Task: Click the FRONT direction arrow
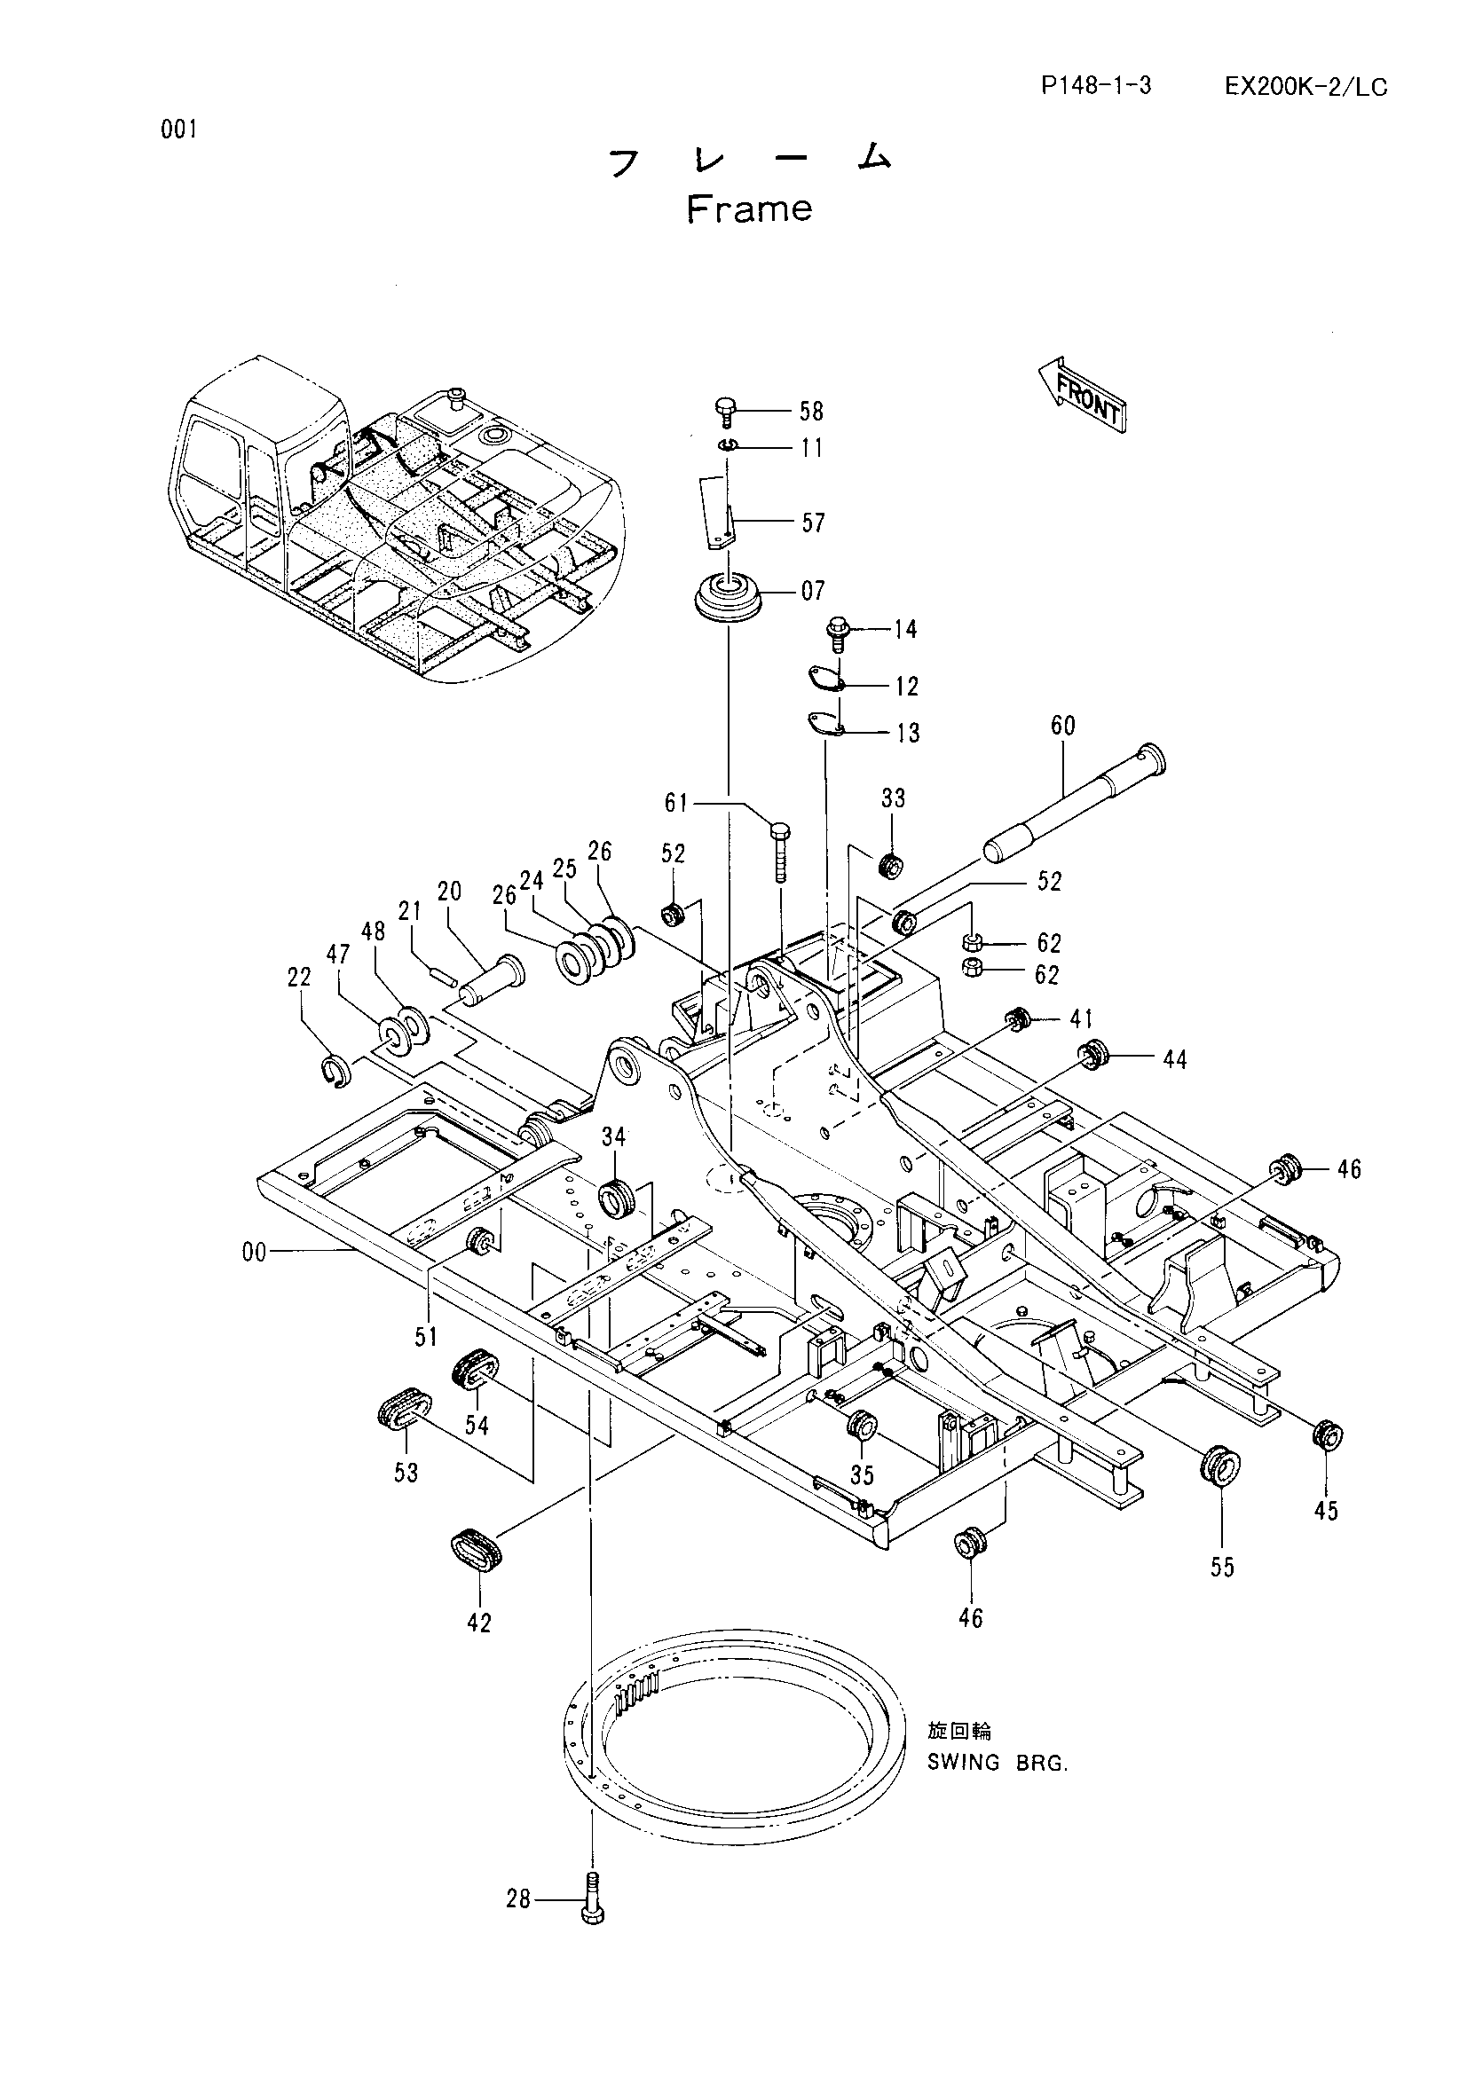1081,393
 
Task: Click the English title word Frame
749,208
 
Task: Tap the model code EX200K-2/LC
1306,87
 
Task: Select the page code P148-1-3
1096,86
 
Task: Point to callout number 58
811,412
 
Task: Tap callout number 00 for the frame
254,1253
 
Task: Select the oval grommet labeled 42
475,1550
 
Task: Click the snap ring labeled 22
335,1071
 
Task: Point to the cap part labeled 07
727,595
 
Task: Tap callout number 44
1174,1059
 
